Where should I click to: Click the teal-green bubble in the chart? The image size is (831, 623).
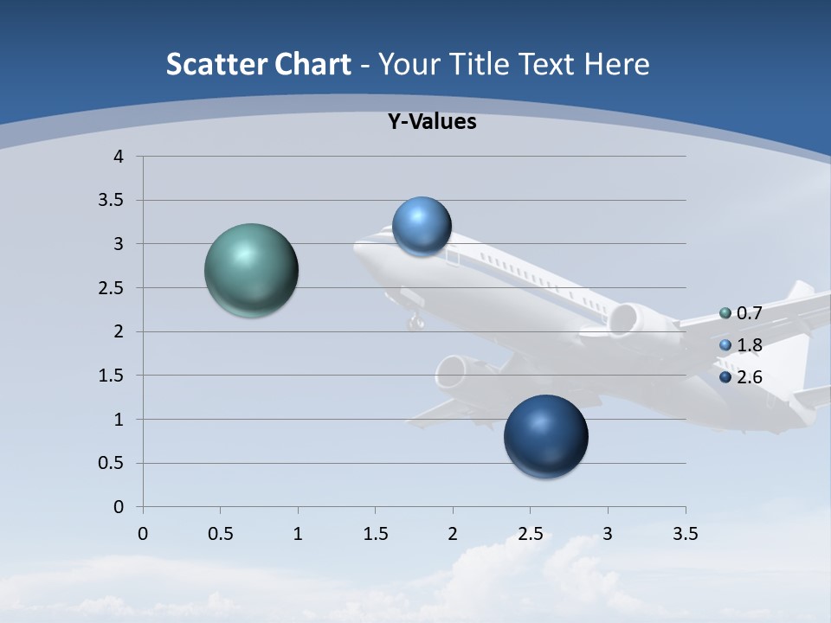pos(251,270)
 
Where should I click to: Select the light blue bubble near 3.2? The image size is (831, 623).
pos(422,226)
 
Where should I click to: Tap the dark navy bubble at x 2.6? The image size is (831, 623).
pos(545,436)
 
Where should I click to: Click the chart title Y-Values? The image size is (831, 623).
pos(431,122)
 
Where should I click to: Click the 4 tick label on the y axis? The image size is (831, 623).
pos(119,157)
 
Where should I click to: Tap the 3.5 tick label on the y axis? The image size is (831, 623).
pos(112,201)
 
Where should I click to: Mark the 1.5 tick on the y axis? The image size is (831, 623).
pos(112,376)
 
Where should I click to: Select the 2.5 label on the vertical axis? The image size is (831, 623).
pos(112,288)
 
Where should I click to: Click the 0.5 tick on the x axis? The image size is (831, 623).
pos(220,534)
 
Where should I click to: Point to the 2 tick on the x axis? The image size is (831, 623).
pos(453,534)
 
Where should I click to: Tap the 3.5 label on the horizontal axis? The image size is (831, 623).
pos(685,534)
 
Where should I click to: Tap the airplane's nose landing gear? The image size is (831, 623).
pos(416,322)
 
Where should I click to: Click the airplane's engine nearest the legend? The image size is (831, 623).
pos(624,319)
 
